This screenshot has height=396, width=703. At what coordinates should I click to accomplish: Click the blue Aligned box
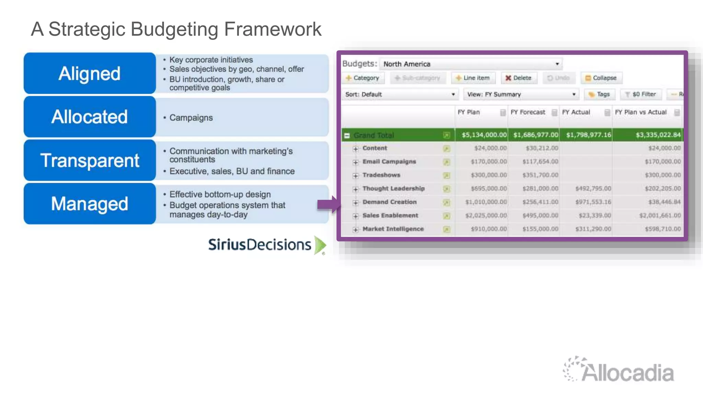pos(90,73)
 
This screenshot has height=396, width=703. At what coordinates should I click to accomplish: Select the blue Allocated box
pos(90,117)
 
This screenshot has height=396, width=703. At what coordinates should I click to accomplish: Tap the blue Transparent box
pos(90,160)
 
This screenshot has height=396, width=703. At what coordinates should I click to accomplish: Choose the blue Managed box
pos(90,203)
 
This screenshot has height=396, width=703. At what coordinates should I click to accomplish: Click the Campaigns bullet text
pos(191,118)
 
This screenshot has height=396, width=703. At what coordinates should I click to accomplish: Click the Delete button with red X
pos(518,78)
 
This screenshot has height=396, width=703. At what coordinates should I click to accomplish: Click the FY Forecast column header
pos(528,112)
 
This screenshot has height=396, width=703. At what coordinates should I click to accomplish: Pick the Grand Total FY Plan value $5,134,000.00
pos(484,135)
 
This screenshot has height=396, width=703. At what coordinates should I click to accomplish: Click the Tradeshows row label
pos(381,175)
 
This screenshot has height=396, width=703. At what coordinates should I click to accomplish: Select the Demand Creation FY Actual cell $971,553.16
pos(593,202)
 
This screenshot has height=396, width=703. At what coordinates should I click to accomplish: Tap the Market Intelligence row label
pos(393,229)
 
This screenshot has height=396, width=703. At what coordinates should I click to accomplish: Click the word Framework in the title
pos(273,29)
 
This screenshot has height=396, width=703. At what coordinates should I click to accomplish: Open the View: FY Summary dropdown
pos(521,95)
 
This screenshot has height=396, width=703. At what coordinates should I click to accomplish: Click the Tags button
pos(599,94)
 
